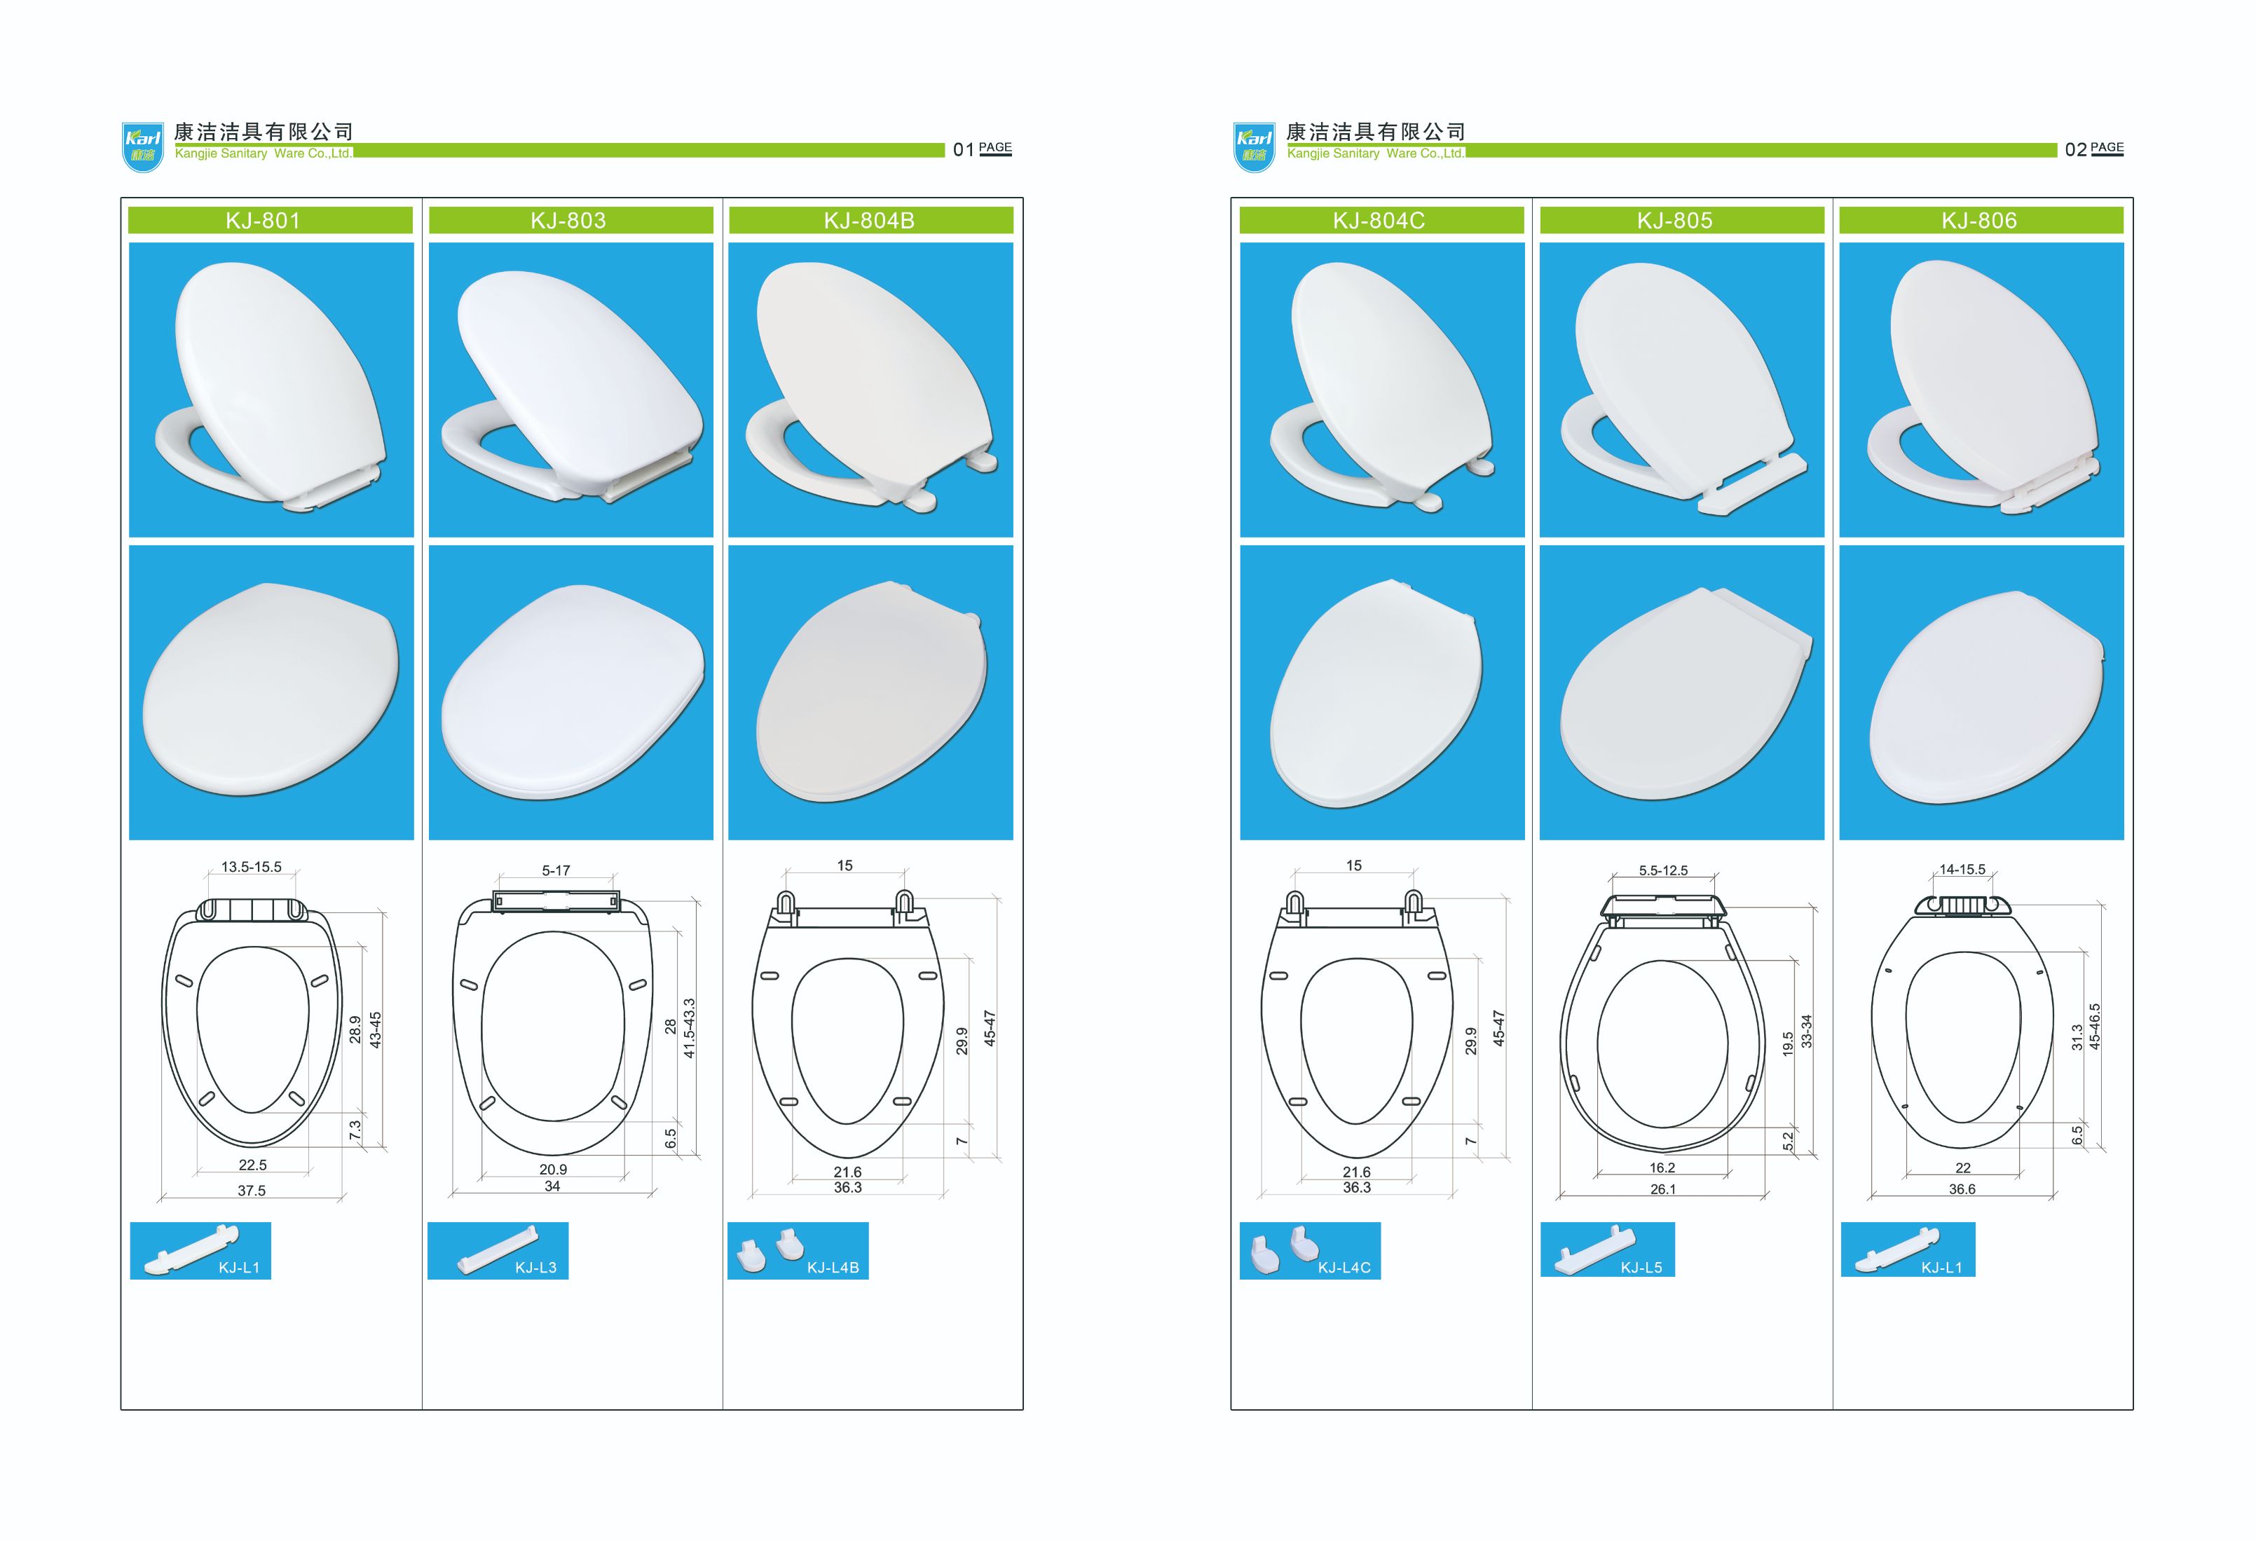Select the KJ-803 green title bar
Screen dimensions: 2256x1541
click(x=570, y=220)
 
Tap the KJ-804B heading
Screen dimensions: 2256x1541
click(x=870, y=220)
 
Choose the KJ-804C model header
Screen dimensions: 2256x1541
click(x=1381, y=220)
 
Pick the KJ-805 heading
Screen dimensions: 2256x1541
click(x=1681, y=220)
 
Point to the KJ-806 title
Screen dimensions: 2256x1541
click(x=1981, y=220)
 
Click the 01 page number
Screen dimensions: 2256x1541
click(x=963, y=149)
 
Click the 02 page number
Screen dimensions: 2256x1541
click(x=2075, y=149)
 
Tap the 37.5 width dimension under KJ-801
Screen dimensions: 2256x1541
click(x=252, y=1191)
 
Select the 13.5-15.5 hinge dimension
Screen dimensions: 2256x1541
click(x=252, y=867)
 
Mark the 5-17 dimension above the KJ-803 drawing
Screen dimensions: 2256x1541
click(x=556, y=870)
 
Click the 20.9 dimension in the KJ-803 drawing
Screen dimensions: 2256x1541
click(x=554, y=1170)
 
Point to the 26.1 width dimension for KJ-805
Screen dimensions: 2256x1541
click(x=1663, y=1189)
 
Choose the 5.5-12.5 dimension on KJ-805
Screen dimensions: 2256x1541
click(x=1664, y=870)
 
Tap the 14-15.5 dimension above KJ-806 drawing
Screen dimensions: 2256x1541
click(x=1963, y=870)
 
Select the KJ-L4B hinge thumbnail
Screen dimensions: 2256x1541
click(x=798, y=1251)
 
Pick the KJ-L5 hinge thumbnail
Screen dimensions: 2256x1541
click(x=1608, y=1250)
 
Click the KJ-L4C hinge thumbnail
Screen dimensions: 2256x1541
click(x=1310, y=1251)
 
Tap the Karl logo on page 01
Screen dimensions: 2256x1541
click(x=143, y=147)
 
